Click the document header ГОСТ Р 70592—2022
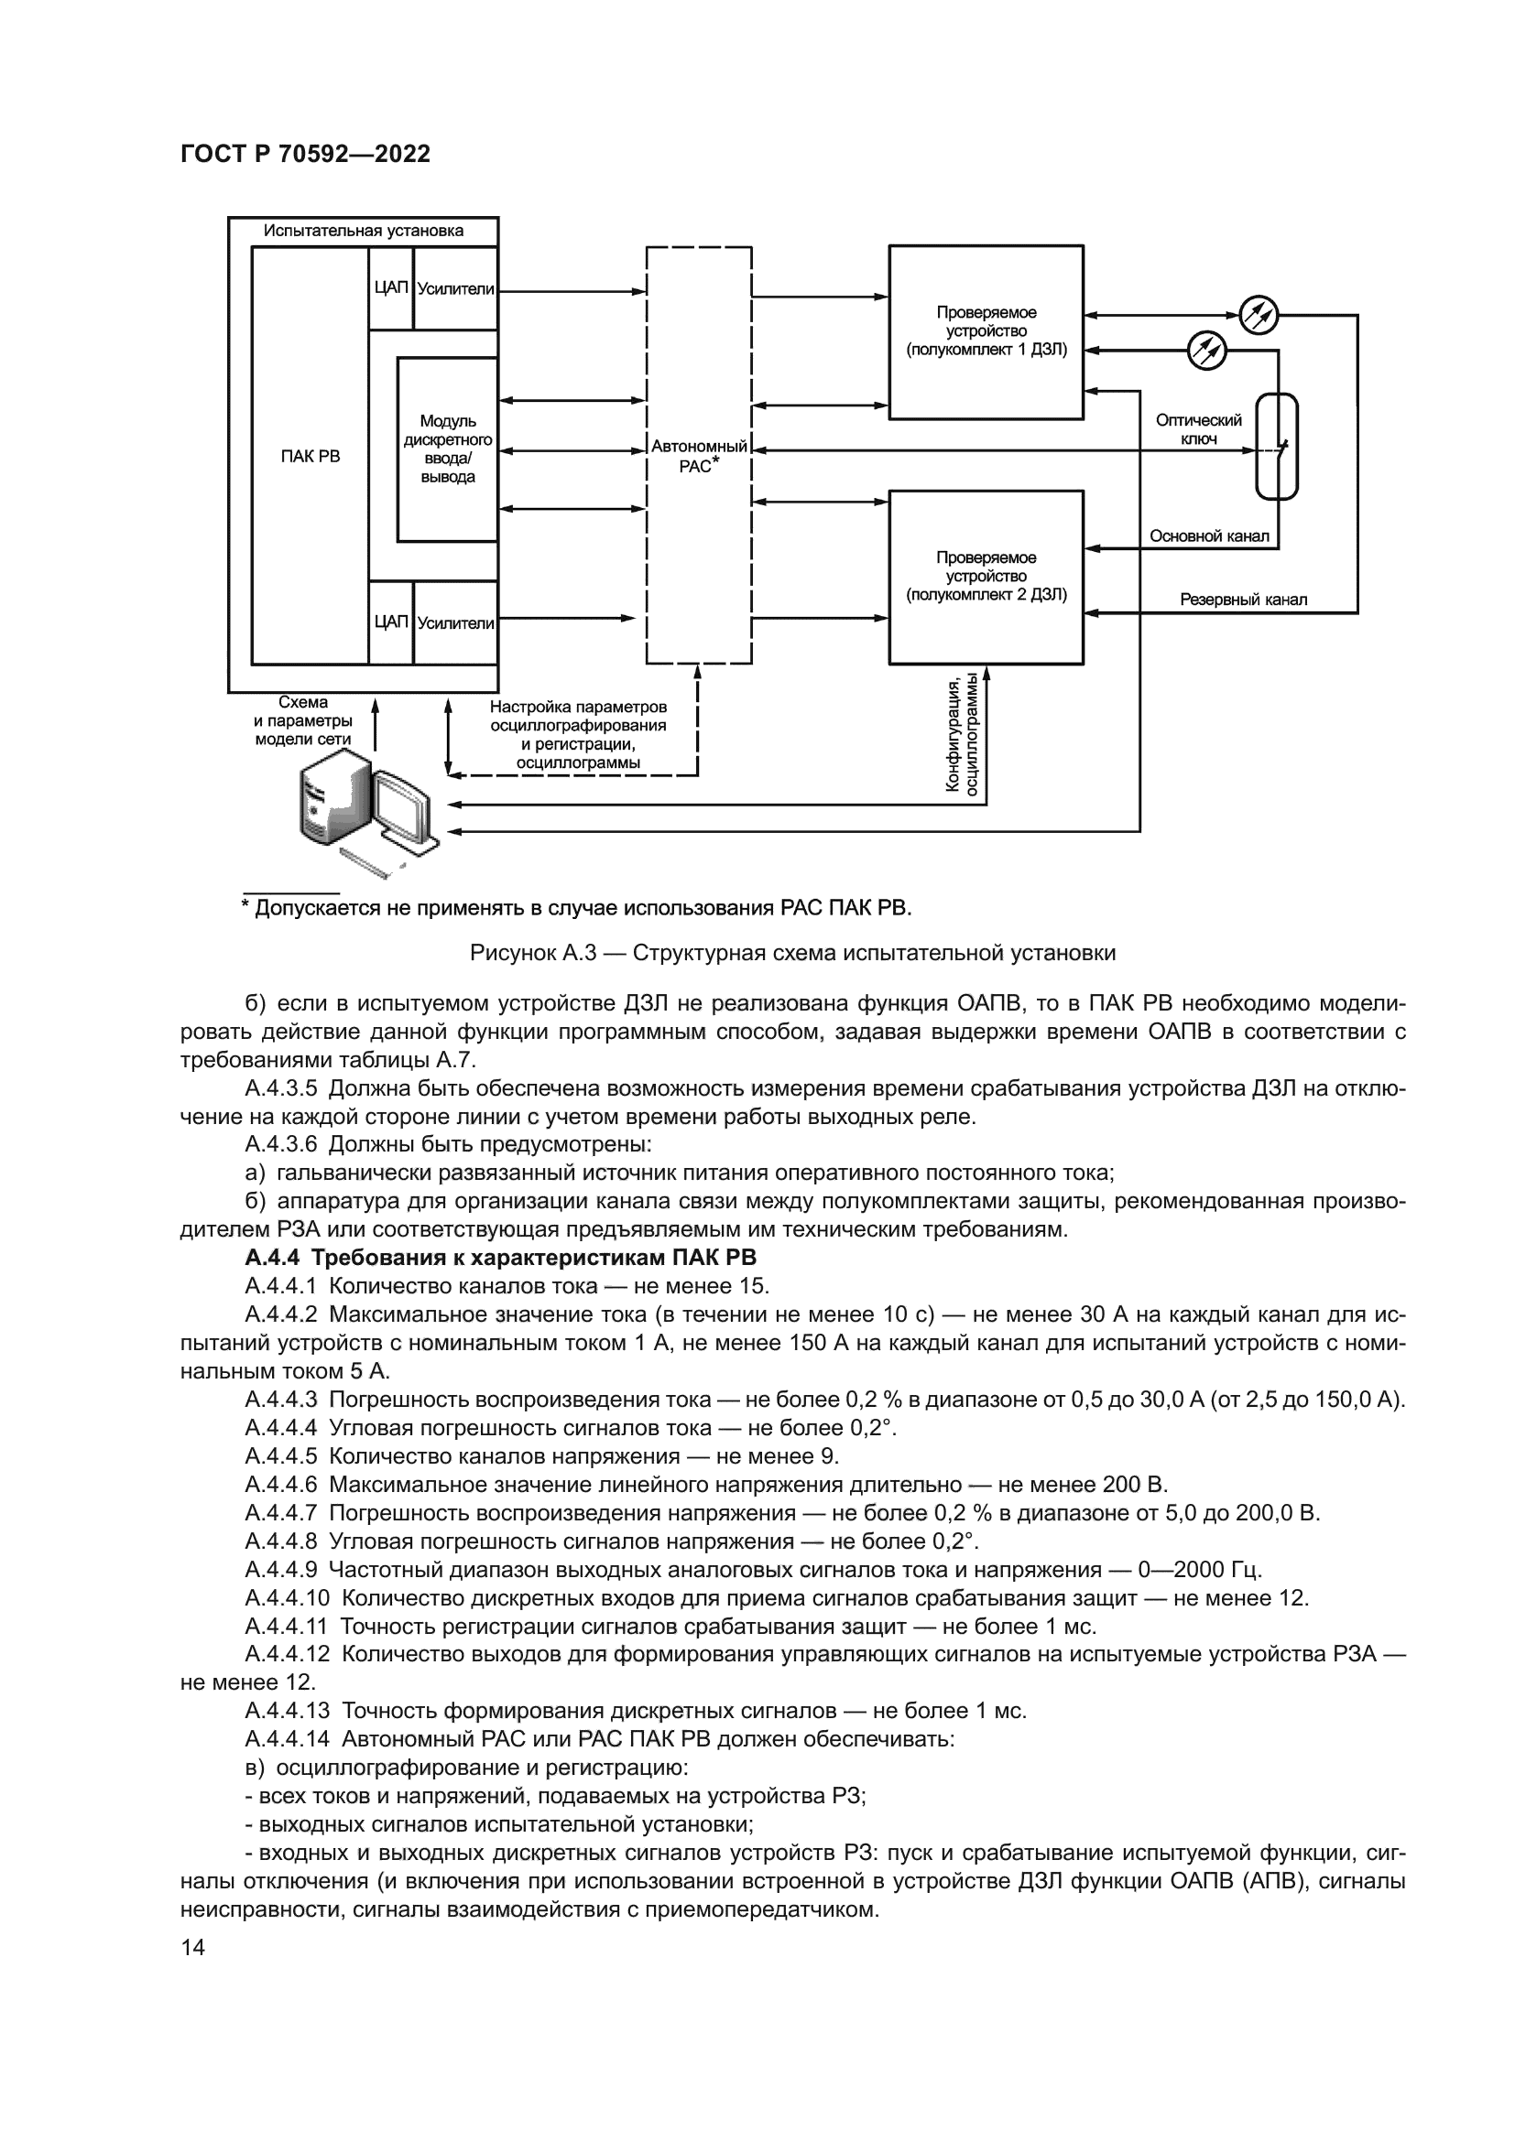click(305, 155)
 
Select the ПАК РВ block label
click(311, 456)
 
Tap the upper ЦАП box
click(391, 288)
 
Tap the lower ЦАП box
click(391, 622)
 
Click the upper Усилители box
click(455, 289)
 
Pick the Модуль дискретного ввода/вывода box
click(448, 449)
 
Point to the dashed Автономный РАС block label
click(699, 457)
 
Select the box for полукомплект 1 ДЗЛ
click(986, 332)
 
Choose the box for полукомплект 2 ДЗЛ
click(986, 577)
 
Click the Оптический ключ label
click(1198, 430)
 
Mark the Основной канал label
click(1209, 536)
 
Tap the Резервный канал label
click(1243, 600)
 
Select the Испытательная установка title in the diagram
click(363, 231)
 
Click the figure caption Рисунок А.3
click(792, 953)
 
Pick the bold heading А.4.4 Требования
click(500, 1258)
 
